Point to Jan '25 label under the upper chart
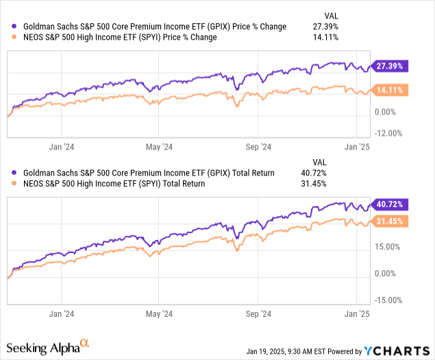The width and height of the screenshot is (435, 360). coord(356,146)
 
